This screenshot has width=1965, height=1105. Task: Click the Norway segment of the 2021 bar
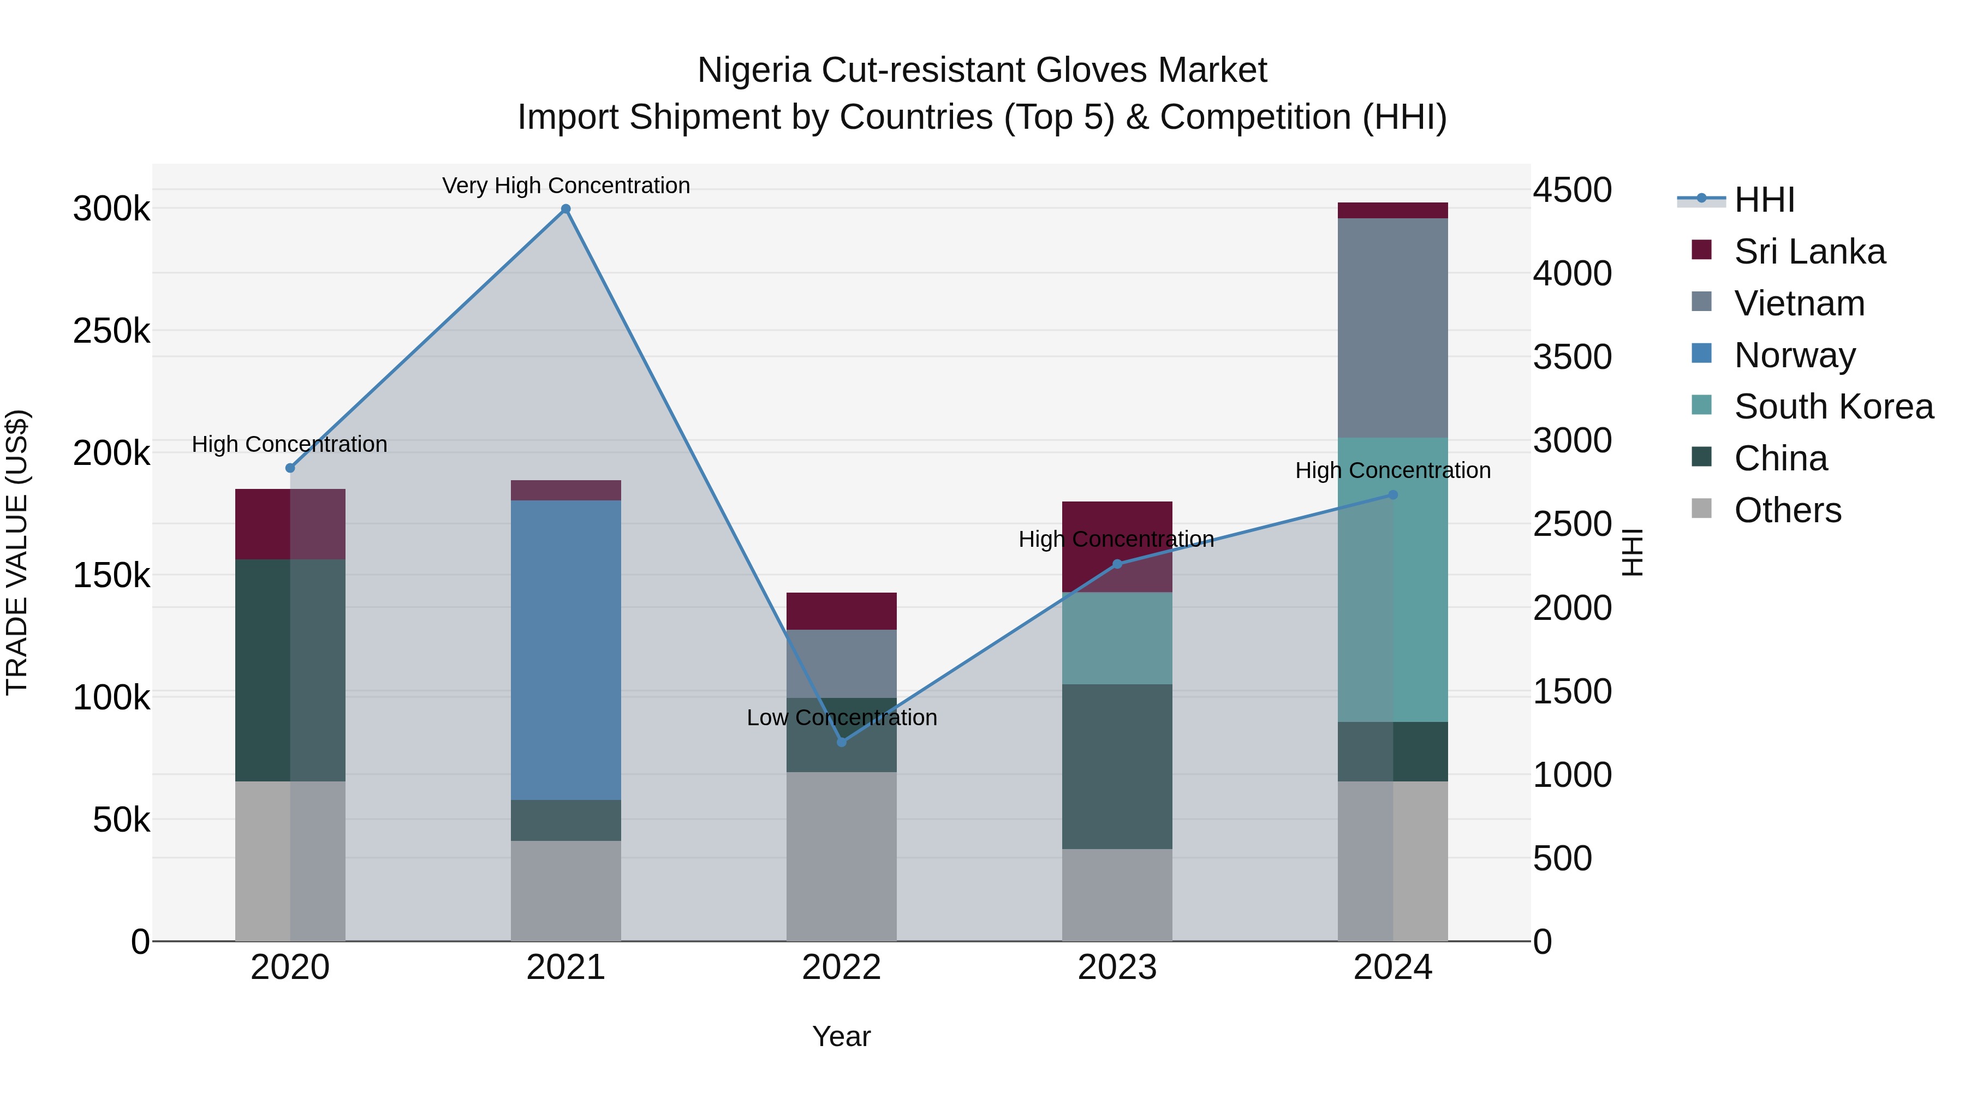pos(565,650)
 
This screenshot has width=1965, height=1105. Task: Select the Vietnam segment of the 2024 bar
pos(1393,328)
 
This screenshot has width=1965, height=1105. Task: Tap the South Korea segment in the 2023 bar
pos(1117,638)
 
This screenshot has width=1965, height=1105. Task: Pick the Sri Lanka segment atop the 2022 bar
pos(841,611)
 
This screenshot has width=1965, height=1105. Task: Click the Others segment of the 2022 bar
pos(841,856)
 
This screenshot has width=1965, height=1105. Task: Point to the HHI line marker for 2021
pos(565,209)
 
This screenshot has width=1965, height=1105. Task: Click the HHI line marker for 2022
pos(841,742)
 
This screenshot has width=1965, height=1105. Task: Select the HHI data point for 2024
pos(1393,495)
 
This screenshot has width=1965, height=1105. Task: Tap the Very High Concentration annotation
pos(565,186)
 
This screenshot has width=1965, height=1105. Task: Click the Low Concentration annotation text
pos(841,718)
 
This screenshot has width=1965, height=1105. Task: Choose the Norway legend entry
pos(1794,355)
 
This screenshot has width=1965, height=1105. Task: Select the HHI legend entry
pos(1764,200)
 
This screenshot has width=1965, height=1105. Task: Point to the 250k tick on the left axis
pos(111,331)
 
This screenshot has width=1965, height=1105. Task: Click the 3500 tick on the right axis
pos(1572,357)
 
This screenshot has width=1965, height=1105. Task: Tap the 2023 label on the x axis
pos(1117,967)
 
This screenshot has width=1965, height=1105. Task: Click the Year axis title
pos(841,1036)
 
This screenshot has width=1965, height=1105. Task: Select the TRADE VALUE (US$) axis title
pos(17,552)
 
